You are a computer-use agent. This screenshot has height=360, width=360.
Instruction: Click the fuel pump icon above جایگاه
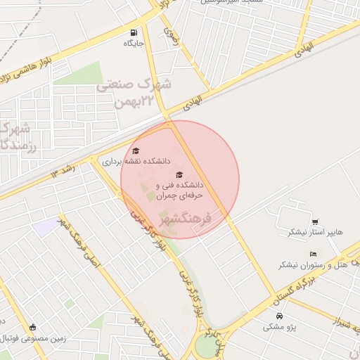coord(134,32)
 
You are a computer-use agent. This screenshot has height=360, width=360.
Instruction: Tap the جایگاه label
coord(134,44)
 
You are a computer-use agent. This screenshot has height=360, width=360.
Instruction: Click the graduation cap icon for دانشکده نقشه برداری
coord(136,150)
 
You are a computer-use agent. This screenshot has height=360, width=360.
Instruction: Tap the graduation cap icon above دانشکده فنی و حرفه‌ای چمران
coord(179,174)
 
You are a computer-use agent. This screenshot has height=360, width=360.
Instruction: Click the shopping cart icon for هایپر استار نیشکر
coord(314,221)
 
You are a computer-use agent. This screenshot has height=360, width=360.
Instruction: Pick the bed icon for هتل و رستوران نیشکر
coord(313,254)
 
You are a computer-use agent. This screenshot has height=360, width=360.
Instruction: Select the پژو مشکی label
coord(279,327)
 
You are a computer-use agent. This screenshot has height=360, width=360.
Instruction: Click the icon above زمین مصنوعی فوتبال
coord(32,326)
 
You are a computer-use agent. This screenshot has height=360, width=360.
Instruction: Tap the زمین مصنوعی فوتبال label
coord(35,337)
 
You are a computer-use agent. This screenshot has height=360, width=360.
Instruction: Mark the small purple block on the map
coord(46,227)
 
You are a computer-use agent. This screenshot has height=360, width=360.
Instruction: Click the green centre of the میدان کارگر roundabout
coord(205,347)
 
